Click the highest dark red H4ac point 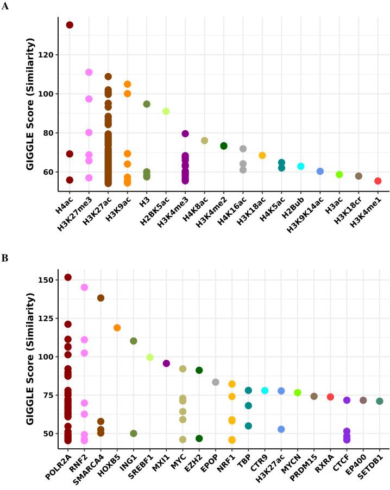point(70,25)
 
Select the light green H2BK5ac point point(166,111)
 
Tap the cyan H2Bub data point point(300,166)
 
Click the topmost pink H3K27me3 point point(89,72)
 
